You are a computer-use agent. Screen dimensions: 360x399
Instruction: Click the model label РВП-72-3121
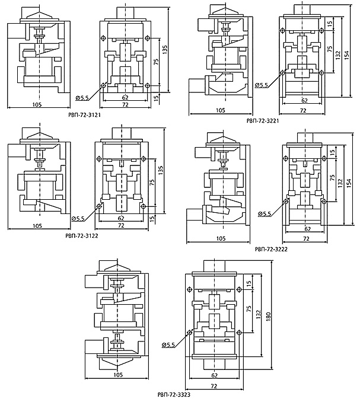click(x=85, y=115)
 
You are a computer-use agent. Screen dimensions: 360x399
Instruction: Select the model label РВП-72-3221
click(x=263, y=121)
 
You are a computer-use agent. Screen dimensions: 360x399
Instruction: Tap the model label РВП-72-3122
click(x=82, y=236)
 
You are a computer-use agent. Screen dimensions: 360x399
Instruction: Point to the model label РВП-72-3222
click(x=271, y=250)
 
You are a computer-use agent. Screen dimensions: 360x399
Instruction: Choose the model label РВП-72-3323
click(x=174, y=395)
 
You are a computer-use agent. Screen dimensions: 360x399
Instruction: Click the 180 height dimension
click(x=268, y=315)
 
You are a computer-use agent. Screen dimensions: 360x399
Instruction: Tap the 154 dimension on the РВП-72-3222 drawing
click(x=349, y=183)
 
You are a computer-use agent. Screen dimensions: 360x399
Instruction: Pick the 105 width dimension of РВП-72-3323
click(x=118, y=375)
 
